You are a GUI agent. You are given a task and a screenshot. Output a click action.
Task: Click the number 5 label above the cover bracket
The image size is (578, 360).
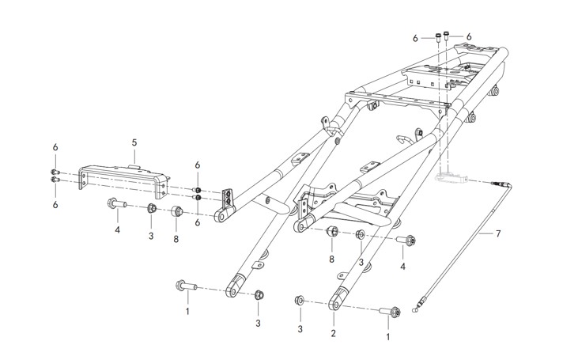[x=134, y=142]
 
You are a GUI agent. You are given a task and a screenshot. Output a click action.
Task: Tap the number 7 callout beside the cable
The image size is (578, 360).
[x=498, y=234]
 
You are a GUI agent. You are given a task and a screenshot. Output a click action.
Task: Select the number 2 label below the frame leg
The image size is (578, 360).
[x=334, y=334]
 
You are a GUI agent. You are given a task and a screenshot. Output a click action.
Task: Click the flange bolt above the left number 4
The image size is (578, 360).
[x=116, y=204]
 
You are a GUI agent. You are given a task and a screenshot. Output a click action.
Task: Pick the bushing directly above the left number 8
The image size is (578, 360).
[x=177, y=212]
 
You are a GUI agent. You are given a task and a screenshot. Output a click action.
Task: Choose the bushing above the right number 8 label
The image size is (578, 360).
[x=333, y=231]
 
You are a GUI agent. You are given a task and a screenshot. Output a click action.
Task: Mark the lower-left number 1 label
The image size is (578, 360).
[x=187, y=312]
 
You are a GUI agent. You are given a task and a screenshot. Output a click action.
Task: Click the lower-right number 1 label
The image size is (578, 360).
[x=387, y=336]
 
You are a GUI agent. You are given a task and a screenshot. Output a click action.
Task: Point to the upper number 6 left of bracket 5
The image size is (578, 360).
[x=55, y=148]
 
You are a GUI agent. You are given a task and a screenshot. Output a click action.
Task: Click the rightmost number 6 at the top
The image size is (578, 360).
[x=469, y=36]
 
